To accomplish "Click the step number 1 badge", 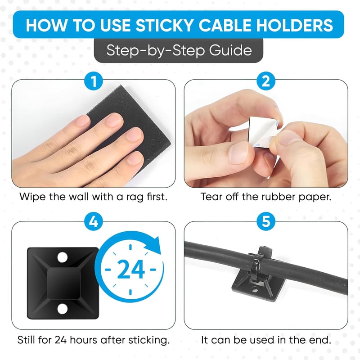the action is [x=94, y=81].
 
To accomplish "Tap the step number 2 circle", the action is [x=266, y=81].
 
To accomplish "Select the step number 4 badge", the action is [x=94, y=222].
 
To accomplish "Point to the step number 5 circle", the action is [x=266, y=222].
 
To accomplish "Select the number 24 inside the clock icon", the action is [x=130, y=269].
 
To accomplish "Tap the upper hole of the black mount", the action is [x=63, y=257].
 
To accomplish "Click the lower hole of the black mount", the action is [x=63, y=309].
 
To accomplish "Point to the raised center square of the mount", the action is [x=63, y=283].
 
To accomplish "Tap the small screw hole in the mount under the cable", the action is [x=255, y=290].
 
